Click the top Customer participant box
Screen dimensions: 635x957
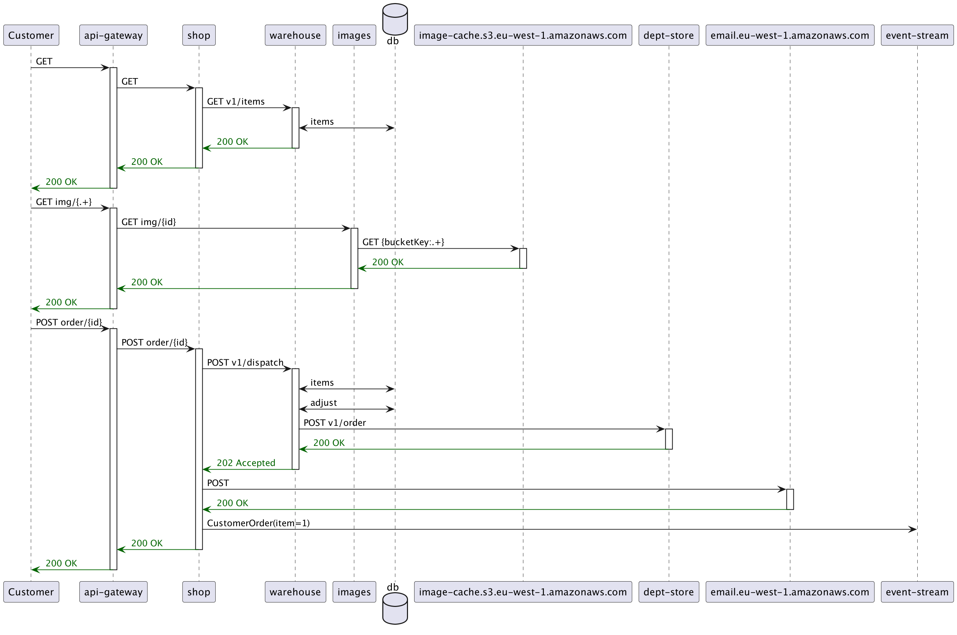coord(31,35)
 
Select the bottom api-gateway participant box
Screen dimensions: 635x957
coord(113,592)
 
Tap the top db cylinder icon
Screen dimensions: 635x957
coord(395,18)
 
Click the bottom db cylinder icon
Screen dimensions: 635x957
coord(395,608)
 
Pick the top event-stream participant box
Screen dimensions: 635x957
coord(917,35)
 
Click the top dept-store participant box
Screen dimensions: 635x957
coord(668,35)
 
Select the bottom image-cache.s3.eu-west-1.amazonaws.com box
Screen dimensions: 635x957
coord(523,592)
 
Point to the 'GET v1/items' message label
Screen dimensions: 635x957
coord(236,102)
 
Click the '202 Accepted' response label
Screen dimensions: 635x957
coord(246,463)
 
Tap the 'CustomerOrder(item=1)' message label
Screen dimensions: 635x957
coord(258,523)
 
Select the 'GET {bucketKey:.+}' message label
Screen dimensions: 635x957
coord(403,242)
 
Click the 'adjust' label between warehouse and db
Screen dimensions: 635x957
coord(323,403)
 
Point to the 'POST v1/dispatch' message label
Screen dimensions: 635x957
coord(245,362)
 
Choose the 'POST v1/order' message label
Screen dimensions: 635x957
coord(335,423)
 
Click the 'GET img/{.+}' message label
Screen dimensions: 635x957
coord(64,202)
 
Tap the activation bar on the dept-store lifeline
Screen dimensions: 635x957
coord(669,439)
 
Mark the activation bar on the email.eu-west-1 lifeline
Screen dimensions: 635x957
coord(790,499)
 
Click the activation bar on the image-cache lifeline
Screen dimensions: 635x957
coord(523,258)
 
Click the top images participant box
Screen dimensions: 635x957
coord(354,35)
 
